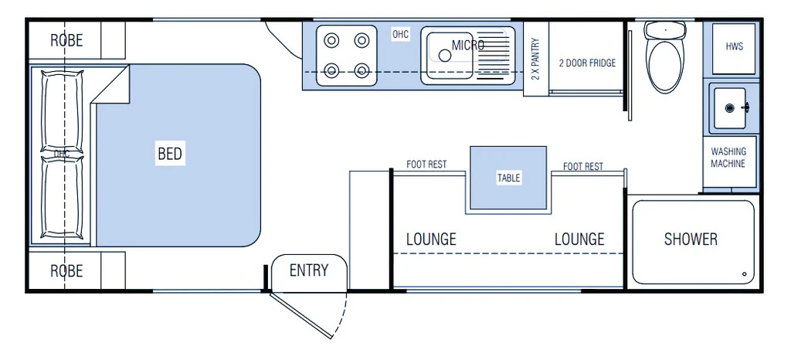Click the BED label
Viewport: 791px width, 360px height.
(170, 154)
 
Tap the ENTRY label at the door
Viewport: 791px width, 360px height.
(309, 270)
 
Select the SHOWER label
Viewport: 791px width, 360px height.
(691, 239)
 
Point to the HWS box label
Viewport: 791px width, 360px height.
(734, 46)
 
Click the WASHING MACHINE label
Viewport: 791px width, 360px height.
(728, 158)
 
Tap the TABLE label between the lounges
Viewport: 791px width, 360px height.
(508, 178)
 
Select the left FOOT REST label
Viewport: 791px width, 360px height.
(426, 165)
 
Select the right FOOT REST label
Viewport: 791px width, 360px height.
(583, 166)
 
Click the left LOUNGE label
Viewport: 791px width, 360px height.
(431, 239)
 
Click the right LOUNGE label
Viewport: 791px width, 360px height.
(579, 239)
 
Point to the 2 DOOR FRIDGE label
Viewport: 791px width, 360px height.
(588, 63)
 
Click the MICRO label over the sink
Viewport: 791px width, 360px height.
(468, 45)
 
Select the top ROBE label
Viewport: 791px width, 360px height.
(66, 40)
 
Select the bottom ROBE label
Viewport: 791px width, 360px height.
(66, 271)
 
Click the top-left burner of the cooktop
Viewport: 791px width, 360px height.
(332, 39)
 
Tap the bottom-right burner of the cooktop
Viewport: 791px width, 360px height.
(362, 71)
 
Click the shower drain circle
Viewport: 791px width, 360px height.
(745, 274)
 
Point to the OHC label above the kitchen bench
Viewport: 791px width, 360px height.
(400, 34)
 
